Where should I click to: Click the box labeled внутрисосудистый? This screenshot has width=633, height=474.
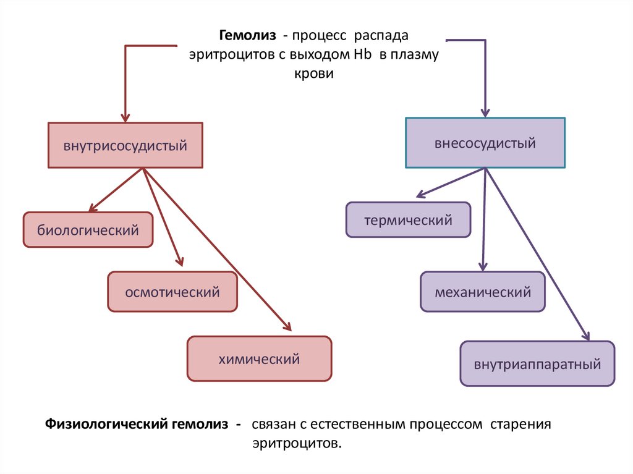[x=125, y=146]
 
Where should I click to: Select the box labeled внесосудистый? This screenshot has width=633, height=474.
[x=485, y=143]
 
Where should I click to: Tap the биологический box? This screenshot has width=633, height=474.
[x=88, y=231]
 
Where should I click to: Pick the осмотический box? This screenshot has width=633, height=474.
[x=172, y=292]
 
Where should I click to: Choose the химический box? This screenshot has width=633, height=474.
[x=259, y=358]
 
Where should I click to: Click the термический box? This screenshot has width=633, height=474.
[x=408, y=220]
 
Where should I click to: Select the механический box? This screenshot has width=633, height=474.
[x=483, y=292]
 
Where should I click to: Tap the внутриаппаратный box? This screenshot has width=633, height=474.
[x=537, y=363]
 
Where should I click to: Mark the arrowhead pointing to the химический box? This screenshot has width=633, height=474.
[x=286, y=326]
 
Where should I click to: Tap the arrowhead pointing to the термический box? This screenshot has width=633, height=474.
[x=422, y=195]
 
